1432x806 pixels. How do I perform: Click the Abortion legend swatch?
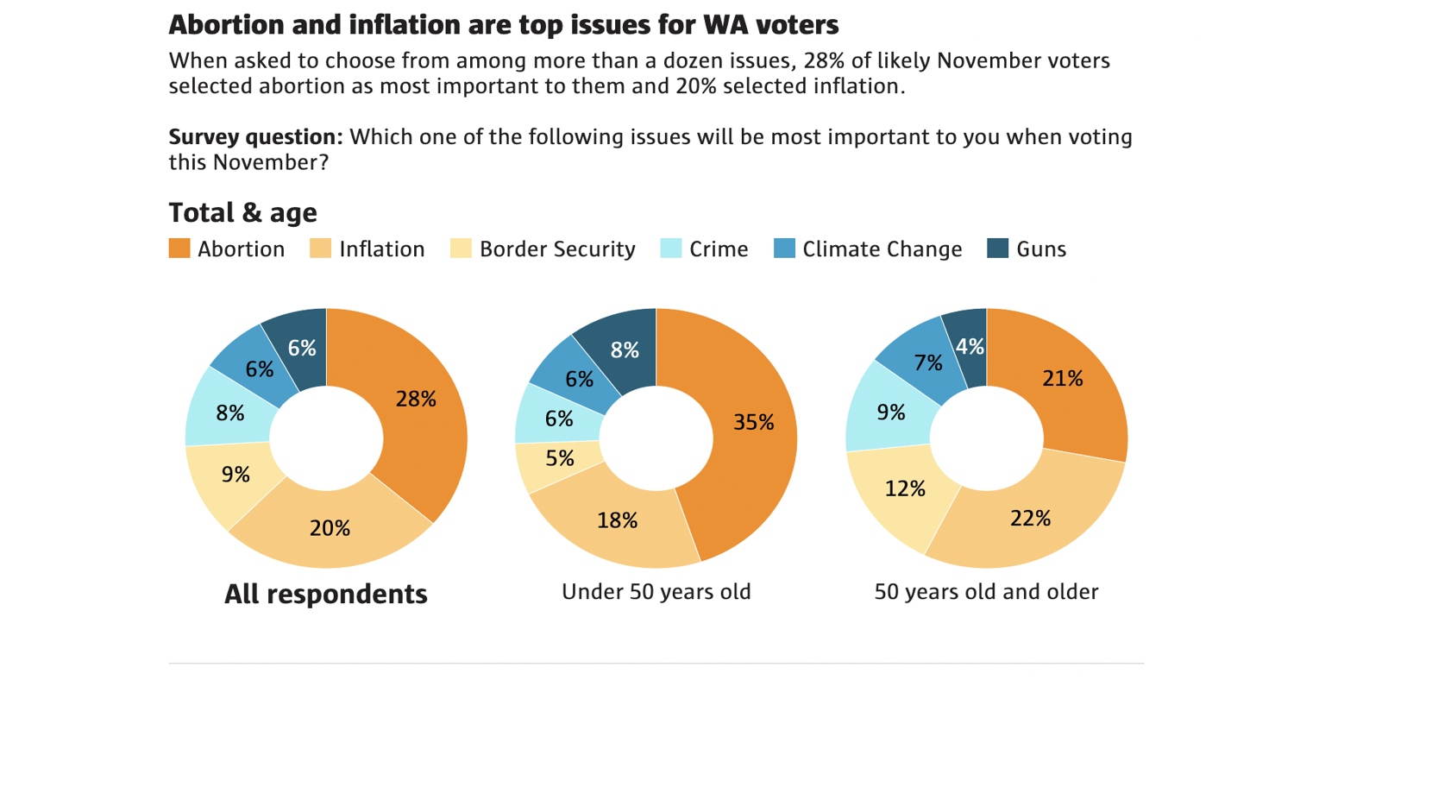pos(179,249)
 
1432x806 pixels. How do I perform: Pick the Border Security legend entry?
pos(543,249)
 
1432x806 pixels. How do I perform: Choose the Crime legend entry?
pos(705,249)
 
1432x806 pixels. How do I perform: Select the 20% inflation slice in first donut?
pos(330,527)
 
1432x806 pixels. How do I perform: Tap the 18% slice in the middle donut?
pos(618,520)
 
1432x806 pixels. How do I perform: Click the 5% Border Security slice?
pos(559,458)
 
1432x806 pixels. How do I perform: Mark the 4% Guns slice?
pos(970,347)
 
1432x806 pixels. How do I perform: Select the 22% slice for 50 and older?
pos(1030,518)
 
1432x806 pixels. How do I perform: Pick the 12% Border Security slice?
pos(905,489)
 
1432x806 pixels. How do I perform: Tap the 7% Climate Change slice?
pos(927,363)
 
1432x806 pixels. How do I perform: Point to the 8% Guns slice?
pos(625,349)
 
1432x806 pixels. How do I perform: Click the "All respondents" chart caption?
pos(326,594)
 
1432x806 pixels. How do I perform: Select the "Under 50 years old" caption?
pos(656,592)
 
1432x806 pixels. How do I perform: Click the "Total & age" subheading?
pos(243,212)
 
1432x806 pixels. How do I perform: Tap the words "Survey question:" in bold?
pos(255,137)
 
